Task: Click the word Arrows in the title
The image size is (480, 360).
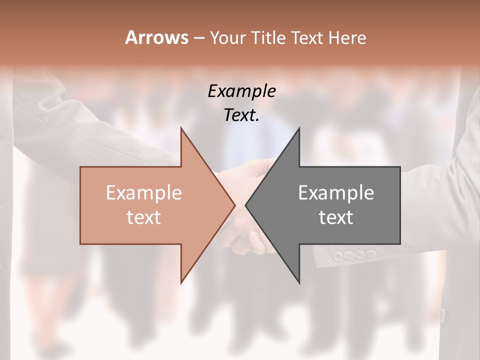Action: [x=156, y=37]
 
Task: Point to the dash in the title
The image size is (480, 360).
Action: [x=198, y=38]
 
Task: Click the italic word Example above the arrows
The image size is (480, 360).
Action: [x=242, y=91]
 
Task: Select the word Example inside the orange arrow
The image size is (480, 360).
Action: [x=143, y=192]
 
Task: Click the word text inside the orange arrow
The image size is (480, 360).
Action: [x=143, y=217]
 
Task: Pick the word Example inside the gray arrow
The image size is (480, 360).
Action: [x=336, y=192]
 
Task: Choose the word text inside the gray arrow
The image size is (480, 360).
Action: [x=336, y=217]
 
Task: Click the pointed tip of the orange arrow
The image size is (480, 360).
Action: [x=235, y=205]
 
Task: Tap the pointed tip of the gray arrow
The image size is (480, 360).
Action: [x=245, y=205]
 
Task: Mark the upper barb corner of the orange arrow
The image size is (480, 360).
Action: [x=181, y=128]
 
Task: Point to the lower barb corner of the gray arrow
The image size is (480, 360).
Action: [x=299, y=283]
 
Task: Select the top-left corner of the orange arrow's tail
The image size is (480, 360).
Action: [x=80, y=167]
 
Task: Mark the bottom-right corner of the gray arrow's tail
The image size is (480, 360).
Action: [x=400, y=244]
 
